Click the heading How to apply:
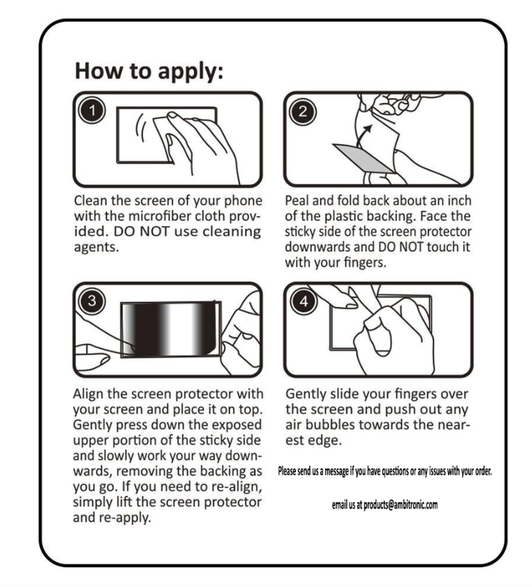(x=149, y=71)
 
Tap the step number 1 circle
(x=92, y=111)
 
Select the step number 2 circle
(x=303, y=111)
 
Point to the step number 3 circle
(x=92, y=300)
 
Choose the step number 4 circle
(x=304, y=301)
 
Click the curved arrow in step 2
(x=363, y=136)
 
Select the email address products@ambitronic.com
(x=400, y=505)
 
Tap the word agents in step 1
(x=96, y=247)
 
